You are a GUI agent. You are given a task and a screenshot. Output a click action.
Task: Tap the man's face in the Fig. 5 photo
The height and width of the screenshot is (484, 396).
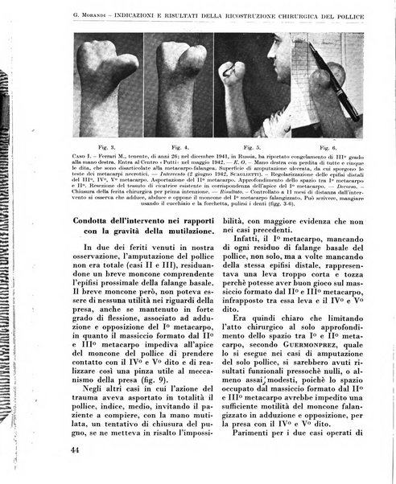click(277, 80)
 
